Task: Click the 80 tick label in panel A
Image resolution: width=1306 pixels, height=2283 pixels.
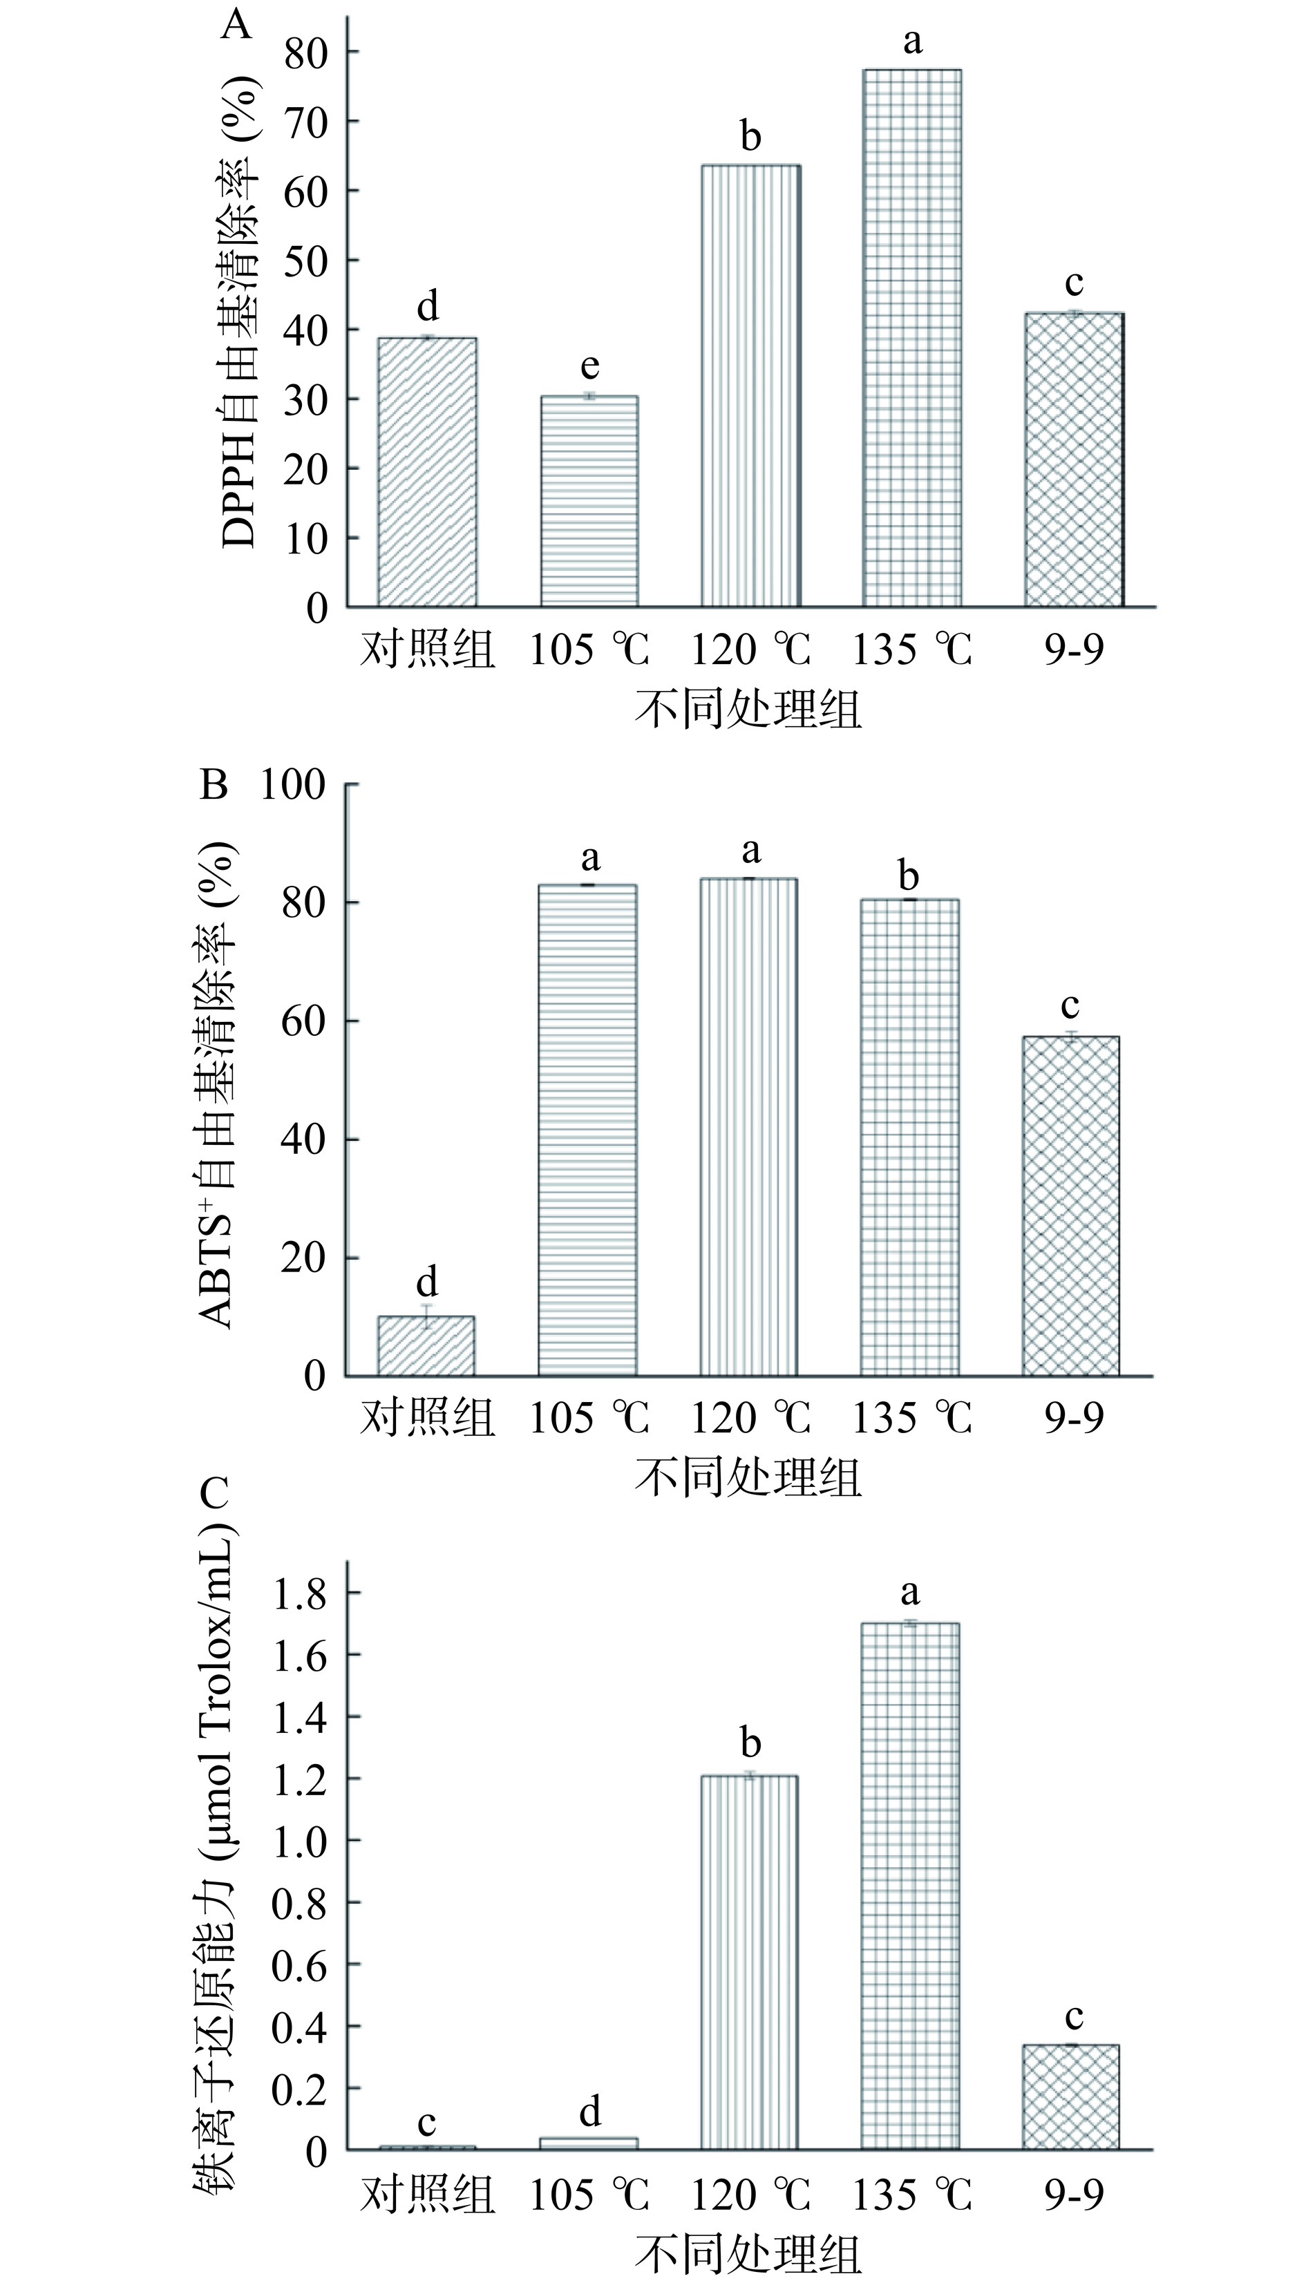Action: pos(306,52)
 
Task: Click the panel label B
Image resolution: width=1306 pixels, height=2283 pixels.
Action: pos(214,785)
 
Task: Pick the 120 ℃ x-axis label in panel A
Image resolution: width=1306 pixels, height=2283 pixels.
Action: pos(749,648)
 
